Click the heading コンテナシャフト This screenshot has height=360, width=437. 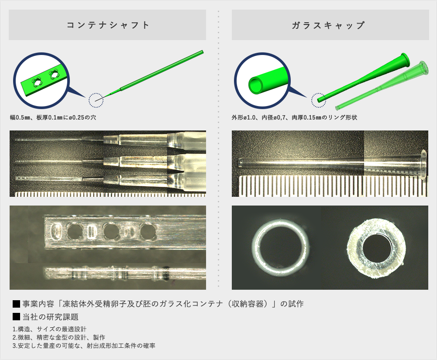[108, 25]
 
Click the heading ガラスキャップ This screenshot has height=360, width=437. [328, 25]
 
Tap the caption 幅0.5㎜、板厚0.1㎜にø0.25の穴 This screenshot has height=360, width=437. [53, 117]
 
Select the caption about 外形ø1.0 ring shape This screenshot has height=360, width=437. [294, 117]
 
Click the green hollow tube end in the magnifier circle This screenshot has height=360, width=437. [255, 85]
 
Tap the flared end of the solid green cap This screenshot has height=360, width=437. [406, 59]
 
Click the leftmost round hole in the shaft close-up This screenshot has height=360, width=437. [74, 231]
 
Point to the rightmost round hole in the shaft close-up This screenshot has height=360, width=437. [148, 231]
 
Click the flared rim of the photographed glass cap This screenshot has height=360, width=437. [423, 165]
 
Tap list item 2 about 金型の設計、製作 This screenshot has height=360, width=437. [59, 337]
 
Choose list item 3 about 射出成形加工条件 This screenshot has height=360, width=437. [84, 346]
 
